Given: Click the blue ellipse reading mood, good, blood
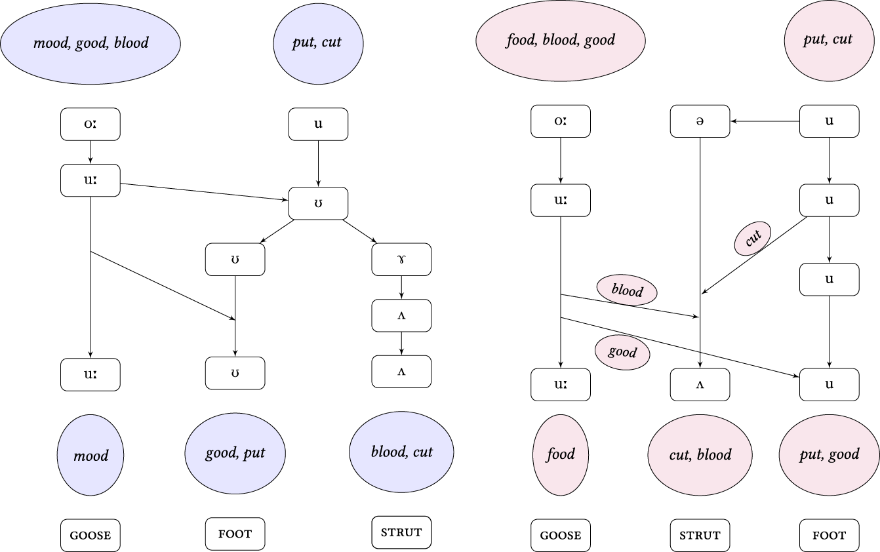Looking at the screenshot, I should pyautogui.click(x=90, y=43).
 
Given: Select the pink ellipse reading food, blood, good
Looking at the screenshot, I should pyautogui.click(x=561, y=40).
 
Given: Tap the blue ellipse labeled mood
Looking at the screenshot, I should pyautogui.click(x=90, y=455).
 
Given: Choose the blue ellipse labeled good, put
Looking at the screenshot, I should pyautogui.click(x=235, y=453).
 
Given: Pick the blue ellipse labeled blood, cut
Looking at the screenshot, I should pyautogui.click(x=401, y=452).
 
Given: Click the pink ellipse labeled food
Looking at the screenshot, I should pyautogui.click(x=561, y=454).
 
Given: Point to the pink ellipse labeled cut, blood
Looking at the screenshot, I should pyautogui.click(x=700, y=454).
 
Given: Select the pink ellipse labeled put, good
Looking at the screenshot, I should pyautogui.click(x=830, y=454).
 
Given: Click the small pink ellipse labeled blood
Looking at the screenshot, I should pyautogui.click(x=627, y=290).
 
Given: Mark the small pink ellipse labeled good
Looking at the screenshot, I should pyautogui.click(x=622, y=352).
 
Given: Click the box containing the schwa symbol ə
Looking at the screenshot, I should pyautogui.click(x=700, y=121).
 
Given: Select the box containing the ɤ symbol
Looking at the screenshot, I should pyautogui.click(x=401, y=260).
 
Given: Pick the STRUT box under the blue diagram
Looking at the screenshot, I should pyautogui.click(x=401, y=532).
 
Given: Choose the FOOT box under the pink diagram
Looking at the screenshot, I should pyautogui.click(x=830, y=535).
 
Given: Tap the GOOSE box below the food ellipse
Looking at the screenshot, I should pyautogui.click(x=561, y=535).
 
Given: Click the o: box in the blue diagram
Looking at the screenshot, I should pyautogui.click(x=90, y=124).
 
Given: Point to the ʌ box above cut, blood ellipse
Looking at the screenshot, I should pyautogui.click(x=700, y=384).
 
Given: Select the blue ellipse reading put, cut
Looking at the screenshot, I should pyautogui.click(x=318, y=43).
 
